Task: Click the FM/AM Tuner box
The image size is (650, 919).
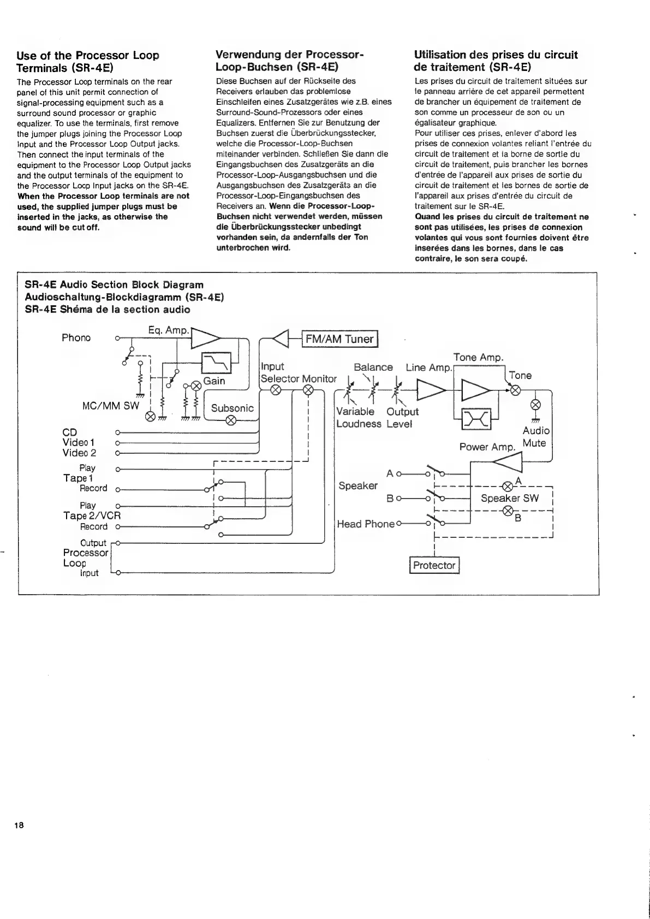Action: [339, 339]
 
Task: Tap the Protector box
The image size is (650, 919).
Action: [434, 565]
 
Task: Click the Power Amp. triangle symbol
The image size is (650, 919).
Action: [507, 463]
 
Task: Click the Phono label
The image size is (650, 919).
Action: [76, 338]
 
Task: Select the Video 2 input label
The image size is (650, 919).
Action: [79, 453]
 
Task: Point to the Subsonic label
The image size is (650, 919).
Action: [232, 408]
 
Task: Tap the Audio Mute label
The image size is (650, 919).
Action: [535, 437]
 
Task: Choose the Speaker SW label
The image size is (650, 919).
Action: [509, 498]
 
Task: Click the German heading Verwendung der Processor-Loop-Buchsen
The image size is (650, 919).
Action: [289, 61]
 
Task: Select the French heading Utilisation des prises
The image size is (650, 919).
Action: [496, 61]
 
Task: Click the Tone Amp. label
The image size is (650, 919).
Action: [478, 357]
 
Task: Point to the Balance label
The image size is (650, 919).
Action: [373, 367]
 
